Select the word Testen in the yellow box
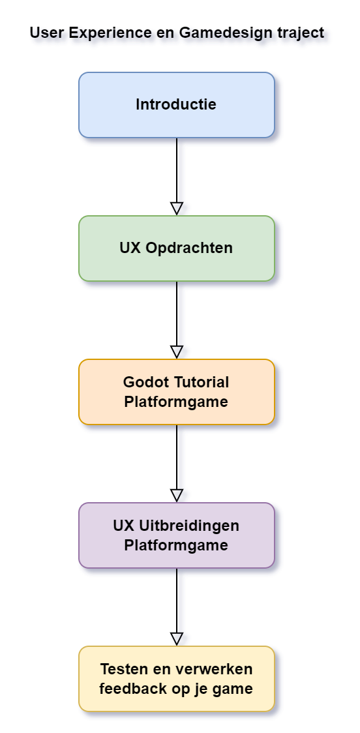tap(123, 670)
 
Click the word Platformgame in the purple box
tap(176, 545)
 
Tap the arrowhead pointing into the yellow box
tap(176, 638)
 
